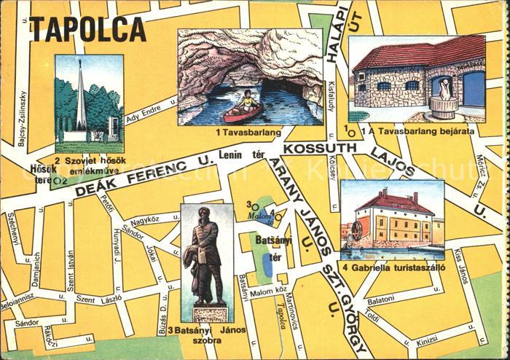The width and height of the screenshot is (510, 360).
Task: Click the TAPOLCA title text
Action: point(87,30)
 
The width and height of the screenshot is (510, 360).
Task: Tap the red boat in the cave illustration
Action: point(243,112)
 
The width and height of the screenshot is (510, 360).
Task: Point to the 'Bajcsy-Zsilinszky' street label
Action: point(22,117)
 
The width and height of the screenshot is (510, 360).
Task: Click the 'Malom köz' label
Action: point(265,293)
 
